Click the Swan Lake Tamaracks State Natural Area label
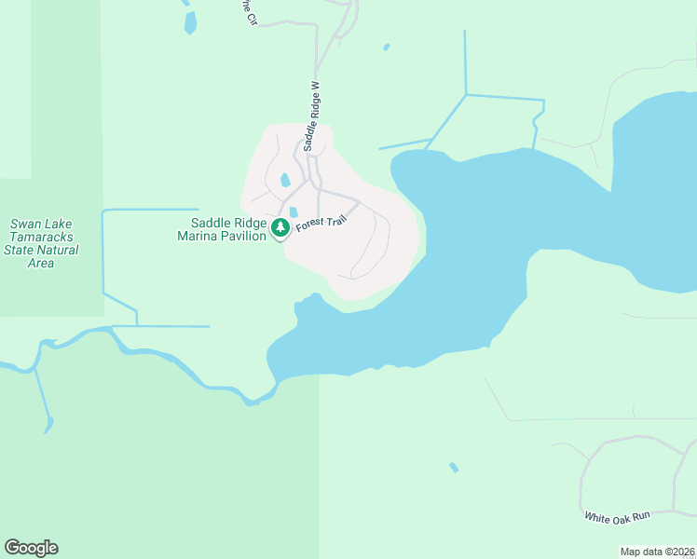[41, 243]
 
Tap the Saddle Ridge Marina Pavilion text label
[229, 229]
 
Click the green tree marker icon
[280, 227]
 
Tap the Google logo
[32, 548]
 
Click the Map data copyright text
[658, 551]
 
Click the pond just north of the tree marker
[294, 212]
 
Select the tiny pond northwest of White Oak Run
[454, 467]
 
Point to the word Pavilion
[240, 236]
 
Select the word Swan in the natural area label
[26, 225]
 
